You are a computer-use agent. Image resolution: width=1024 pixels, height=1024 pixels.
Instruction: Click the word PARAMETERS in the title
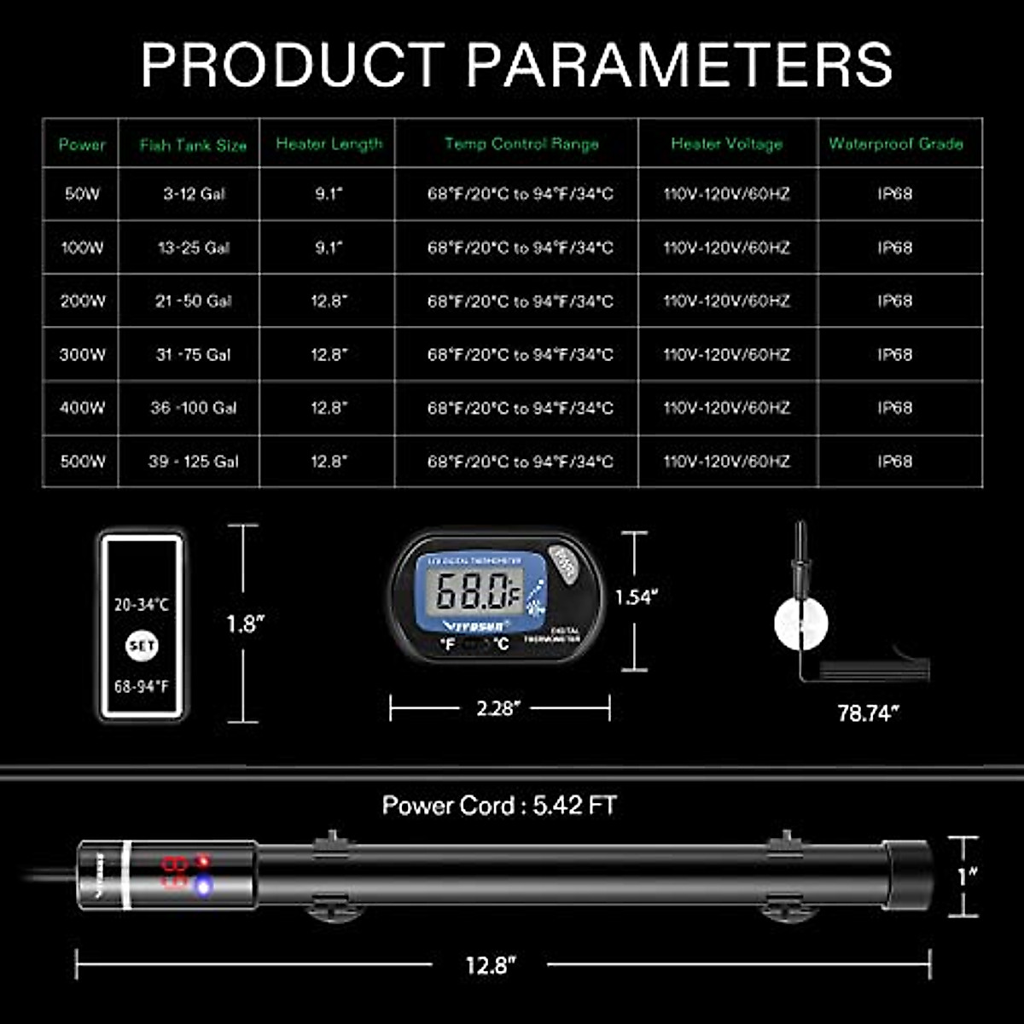click(x=680, y=64)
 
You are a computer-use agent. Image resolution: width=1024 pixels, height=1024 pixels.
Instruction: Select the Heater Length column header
click(x=329, y=144)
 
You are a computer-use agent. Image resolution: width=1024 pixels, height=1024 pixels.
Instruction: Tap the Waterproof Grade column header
click(x=895, y=144)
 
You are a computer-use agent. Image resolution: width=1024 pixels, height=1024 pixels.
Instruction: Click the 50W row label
click(x=82, y=194)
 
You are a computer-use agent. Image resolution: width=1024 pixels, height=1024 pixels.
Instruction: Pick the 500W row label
click(x=83, y=462)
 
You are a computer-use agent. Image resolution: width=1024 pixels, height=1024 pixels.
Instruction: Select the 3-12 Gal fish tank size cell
click(x=194, y=194)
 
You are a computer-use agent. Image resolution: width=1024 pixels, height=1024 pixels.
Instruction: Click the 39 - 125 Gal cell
click(x=194, y=462)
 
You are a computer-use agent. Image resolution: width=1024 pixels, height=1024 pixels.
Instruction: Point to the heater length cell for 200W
click(x=329, y=301)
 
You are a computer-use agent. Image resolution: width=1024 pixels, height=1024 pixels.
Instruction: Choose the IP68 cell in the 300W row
click(x=895, y=354)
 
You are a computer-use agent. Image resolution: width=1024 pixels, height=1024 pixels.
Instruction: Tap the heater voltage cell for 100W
click(x=727, y=247)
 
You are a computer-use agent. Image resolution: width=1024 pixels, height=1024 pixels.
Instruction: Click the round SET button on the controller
click(x=142, y=646)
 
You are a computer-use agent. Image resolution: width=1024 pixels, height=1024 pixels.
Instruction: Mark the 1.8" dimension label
click(x=245, y=624)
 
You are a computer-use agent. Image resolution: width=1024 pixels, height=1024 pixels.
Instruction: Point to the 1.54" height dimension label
click(x=637, y=597)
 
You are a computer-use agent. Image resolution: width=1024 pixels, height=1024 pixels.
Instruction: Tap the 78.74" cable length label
click(x=868, y=713)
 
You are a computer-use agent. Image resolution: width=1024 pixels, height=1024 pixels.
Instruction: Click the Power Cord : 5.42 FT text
click(x=499, y=806)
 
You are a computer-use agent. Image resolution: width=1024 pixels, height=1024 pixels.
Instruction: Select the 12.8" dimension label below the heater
click(x=492, y=965)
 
